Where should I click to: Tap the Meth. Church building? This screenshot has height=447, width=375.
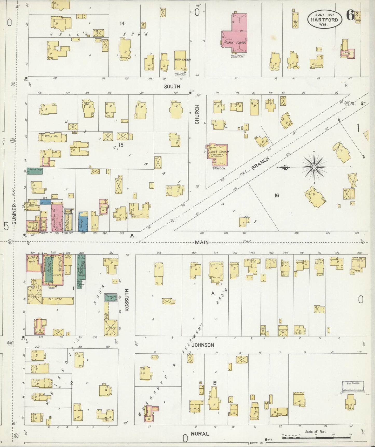pos(180,60)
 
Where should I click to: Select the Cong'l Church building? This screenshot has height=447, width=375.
pos(217,154)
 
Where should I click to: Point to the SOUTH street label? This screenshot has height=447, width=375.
pos(172,87)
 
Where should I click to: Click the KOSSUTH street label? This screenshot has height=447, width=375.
pos(127,300)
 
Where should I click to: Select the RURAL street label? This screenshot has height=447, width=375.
pos(200,434)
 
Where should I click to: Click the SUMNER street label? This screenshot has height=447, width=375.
pos(14,214)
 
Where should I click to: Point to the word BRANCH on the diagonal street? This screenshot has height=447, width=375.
pos(260,164)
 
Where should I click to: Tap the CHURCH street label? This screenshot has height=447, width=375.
pos(197,114)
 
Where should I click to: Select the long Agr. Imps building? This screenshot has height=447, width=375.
pos(58,300)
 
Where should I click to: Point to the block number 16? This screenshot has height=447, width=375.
pos(277,195)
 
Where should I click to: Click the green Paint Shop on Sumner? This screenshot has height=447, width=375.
pos(35,171)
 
